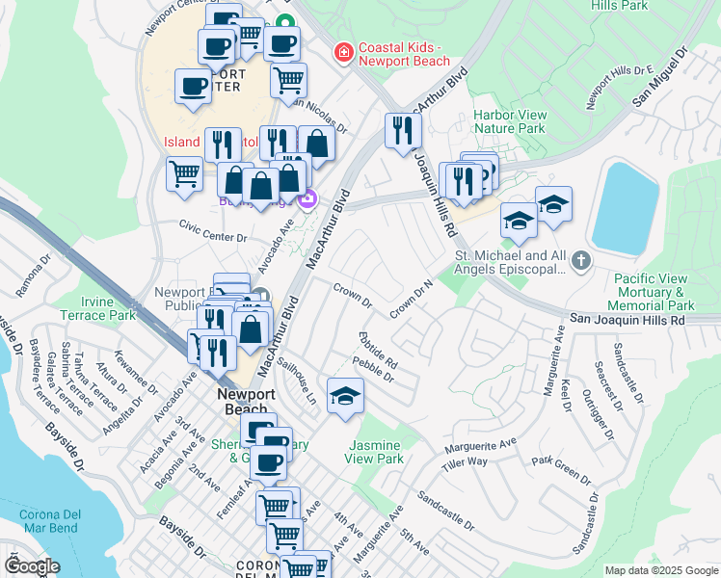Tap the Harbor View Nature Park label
(510, 121)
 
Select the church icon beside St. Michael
(580, 260)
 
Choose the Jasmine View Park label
(375, 452)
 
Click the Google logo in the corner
(32, 566)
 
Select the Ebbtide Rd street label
(378, 350)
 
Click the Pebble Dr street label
(373, 369)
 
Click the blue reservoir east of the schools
(626, 207)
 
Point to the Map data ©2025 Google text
(660, 570)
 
